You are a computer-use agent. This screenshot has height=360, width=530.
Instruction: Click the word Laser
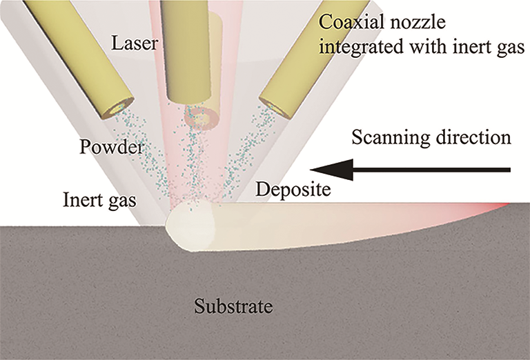point(135,45)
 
